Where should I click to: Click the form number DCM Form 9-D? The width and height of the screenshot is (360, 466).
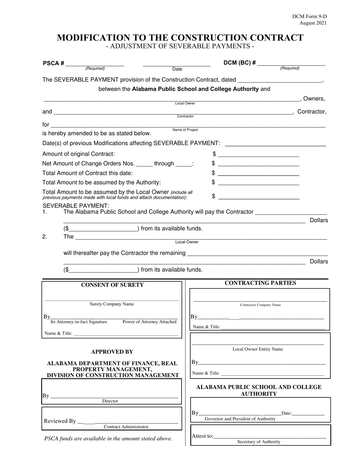pyautogui.click(x=309, y=17)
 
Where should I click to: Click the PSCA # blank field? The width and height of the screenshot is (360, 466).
pyautogui.click(x=95, y=64)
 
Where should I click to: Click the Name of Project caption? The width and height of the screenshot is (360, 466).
pyautogui.click(x=185, y=130)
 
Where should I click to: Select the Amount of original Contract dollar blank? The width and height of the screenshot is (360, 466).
pyautogui.click(x=259, y=154)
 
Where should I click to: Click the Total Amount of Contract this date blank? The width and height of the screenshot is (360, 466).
pyautogui.click(x=259, y=173)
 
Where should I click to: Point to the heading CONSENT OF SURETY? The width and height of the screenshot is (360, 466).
pyautogui.click(x=113, y=285)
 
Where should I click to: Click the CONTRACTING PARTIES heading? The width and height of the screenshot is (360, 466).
pyautogui.click(x=260, y=283)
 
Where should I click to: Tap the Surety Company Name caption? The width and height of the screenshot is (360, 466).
pyautogui.click(x=112, y=304)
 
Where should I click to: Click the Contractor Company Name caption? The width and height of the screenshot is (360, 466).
pyautogui.click(x=260, y=305)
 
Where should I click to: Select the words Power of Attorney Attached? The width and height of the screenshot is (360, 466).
pyautogui.click(x=150, y=322)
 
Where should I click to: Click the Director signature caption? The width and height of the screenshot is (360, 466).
pyautogui.click(x=110, y=401)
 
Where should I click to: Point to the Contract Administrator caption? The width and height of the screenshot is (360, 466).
pyautogui.click(x=126, y=427)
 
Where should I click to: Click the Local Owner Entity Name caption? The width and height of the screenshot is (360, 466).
pyautogui.click(x=258, y=349)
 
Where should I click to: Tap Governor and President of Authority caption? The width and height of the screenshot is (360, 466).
pyautogui.click(x=240, y=419)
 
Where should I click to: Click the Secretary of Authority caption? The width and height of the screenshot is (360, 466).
pyautogui.click(x=259, y=441)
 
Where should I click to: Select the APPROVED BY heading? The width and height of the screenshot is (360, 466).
pyautogui.click(x=112, y=352)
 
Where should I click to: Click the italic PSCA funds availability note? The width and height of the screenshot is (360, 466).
pyautogui.click(x=108, y=438)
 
